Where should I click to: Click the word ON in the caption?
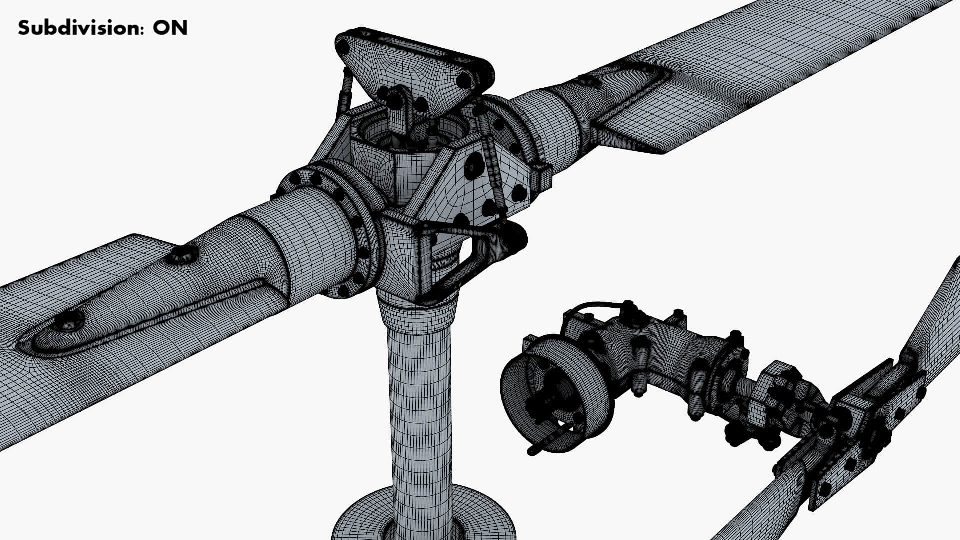tap(170, 28)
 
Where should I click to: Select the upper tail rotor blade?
tap(935, 320)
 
